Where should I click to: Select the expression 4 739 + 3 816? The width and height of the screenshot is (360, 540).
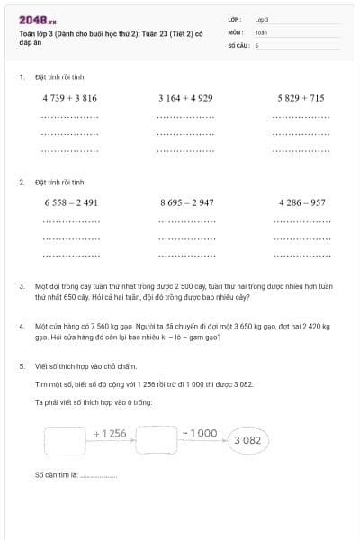coord(69,98)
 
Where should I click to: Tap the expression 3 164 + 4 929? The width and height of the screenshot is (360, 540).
coord(185,98)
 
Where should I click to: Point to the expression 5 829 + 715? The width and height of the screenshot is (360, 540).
coord(301,98)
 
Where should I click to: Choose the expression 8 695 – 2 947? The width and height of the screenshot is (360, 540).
coord(186,203)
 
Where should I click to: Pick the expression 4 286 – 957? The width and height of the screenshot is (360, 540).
coord(302,203)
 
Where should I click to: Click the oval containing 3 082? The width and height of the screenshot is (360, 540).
coord(247,440)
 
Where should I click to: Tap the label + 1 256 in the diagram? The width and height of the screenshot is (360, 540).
coord(110,434)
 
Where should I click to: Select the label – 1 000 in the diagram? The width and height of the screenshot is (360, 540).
coord(199,433)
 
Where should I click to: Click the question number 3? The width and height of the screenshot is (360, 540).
coord(22,286)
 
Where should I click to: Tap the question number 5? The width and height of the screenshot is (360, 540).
coord(22,366)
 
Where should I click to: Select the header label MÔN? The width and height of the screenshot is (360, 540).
coord(236,31)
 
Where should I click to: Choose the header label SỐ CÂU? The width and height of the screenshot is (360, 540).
coord(238,44)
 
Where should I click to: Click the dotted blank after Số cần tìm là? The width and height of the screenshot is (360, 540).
coord(99,474)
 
